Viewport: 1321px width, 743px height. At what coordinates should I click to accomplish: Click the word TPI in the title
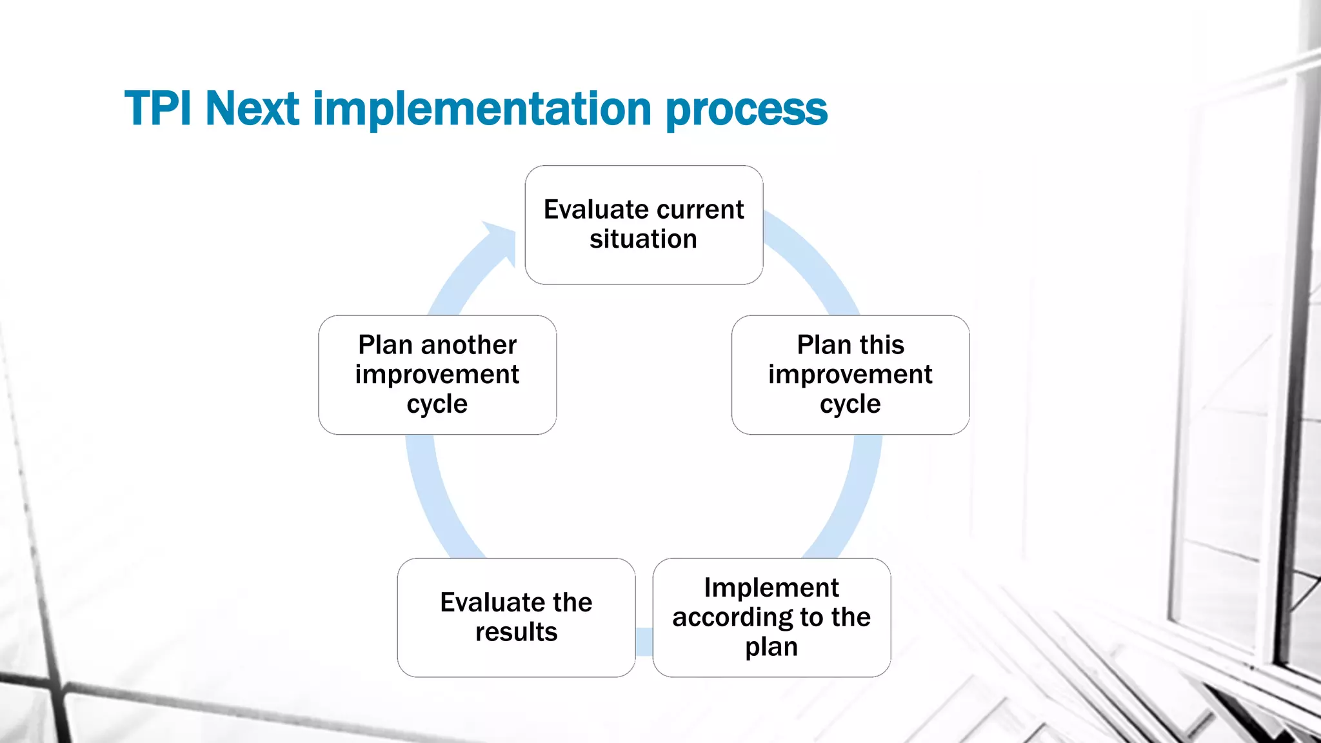(x=157, y=108)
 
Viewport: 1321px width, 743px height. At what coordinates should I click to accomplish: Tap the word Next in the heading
(x=252, y=108)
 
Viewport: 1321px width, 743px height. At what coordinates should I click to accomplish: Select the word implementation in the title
(x=482, y=108)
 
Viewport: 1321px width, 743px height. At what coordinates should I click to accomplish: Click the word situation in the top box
(x=643, y=239)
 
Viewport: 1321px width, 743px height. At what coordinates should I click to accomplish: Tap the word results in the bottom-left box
(x=516, y=632)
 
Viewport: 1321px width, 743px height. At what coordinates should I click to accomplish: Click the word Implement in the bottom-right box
(x=771, y=588)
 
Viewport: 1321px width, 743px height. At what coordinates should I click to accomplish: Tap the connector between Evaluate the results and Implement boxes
(x=644, y=642)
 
